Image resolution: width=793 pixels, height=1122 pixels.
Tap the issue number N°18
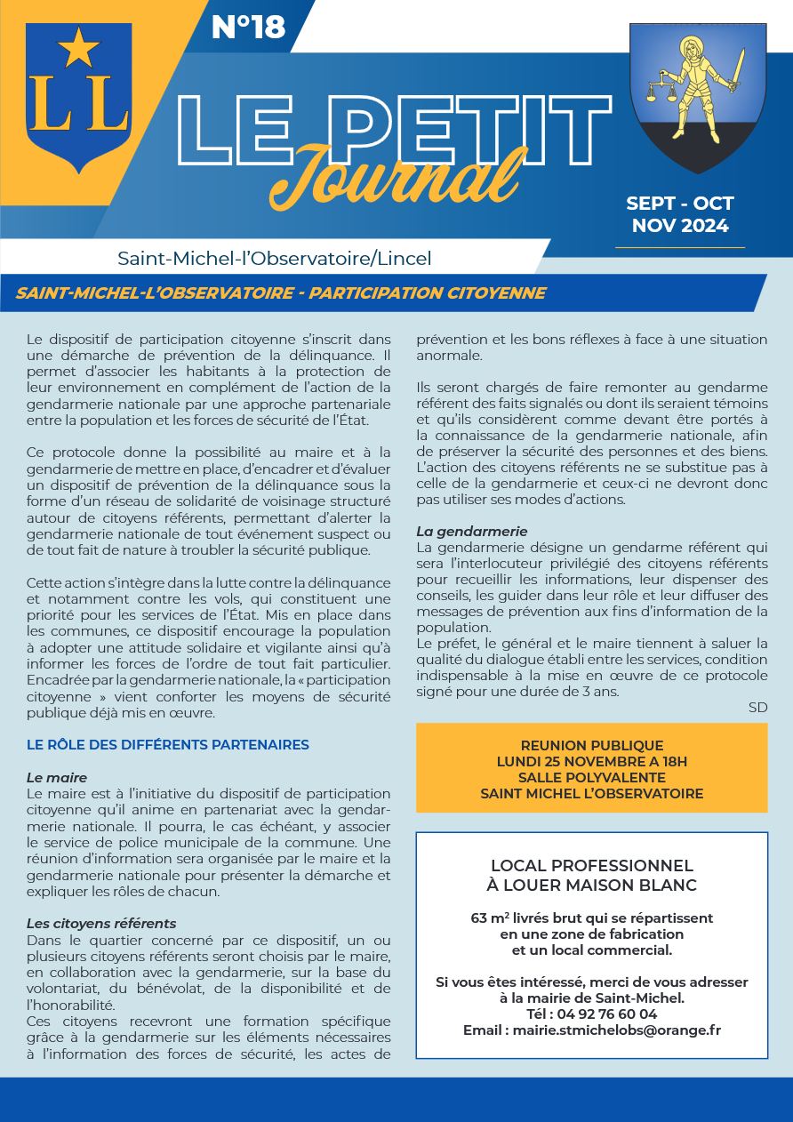[248, 28]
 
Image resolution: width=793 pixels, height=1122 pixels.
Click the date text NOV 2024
[680, 225]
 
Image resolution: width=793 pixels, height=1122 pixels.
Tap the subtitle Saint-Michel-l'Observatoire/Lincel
[274, 259]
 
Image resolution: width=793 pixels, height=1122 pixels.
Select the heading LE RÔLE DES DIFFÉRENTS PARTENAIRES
[168, 745]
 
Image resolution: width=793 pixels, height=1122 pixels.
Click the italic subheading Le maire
[57, 778]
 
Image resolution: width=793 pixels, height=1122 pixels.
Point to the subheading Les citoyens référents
[101, 924]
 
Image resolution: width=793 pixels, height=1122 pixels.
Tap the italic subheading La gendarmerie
[471, 532]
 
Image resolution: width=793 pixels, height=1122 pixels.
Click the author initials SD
[757, 708]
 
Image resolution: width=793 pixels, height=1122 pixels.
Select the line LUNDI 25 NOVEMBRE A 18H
[591, 762]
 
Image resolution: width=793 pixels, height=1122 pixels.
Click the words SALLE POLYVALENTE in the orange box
[591, 778]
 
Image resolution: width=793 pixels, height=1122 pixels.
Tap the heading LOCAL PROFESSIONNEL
[591, 866]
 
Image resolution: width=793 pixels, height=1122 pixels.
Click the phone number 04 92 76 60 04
[605, 1014]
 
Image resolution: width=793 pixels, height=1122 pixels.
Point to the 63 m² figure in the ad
[490, 918]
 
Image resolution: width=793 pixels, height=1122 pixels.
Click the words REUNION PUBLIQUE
[591, 746]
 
